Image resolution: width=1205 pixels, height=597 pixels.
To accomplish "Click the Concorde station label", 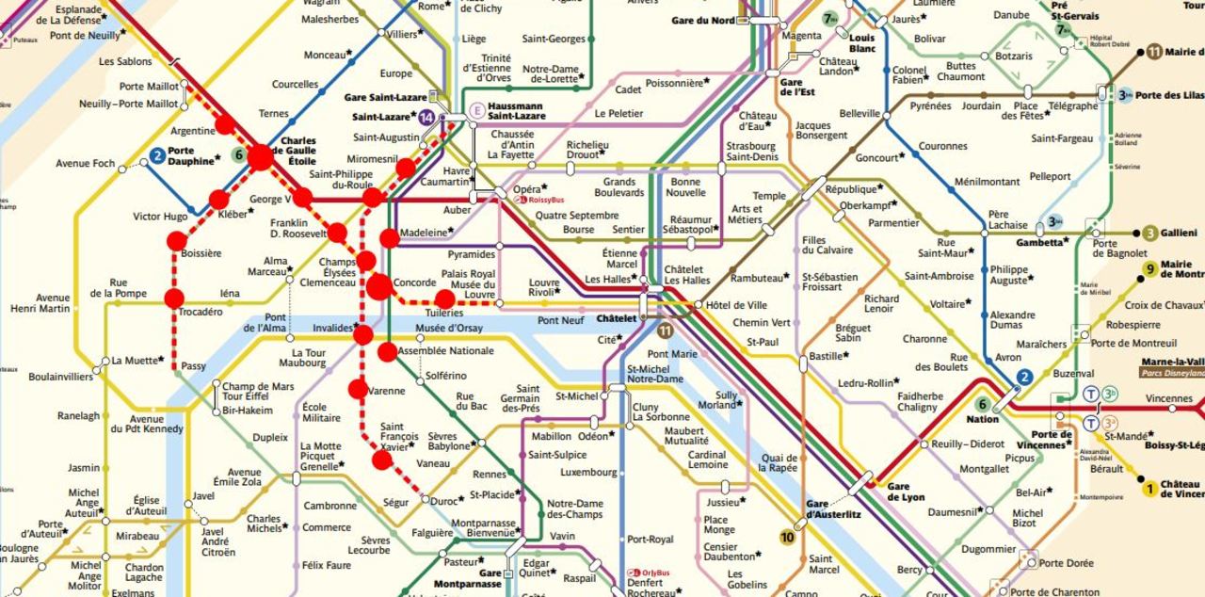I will click(414, 282).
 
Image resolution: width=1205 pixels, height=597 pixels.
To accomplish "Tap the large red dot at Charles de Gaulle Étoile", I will click(260, 157).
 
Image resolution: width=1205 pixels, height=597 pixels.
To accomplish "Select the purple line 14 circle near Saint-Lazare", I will click(427, 118).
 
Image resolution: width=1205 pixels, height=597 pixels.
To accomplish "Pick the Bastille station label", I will click(827, 356).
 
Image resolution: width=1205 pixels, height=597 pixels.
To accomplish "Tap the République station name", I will click(850, 189).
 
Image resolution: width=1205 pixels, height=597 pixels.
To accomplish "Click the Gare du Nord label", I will click(703, 21).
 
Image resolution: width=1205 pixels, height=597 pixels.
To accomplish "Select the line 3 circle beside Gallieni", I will click(1149, 234).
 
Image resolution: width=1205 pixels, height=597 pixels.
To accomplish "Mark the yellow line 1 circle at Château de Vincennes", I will click(1149, 488).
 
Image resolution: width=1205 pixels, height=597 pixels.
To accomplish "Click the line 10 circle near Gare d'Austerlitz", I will click(787, 538).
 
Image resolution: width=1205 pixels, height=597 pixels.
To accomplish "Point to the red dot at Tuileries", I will click(445, 299).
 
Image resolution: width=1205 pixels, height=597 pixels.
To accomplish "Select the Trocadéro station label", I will click(200, 311).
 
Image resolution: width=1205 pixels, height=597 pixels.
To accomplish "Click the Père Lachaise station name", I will click(1007, 220).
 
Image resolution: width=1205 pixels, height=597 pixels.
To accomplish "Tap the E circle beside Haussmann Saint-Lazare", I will click(477, 109).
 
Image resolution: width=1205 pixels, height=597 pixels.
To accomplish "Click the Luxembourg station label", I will click(587, 472).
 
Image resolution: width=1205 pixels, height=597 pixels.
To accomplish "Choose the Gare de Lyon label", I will click(906, 492).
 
